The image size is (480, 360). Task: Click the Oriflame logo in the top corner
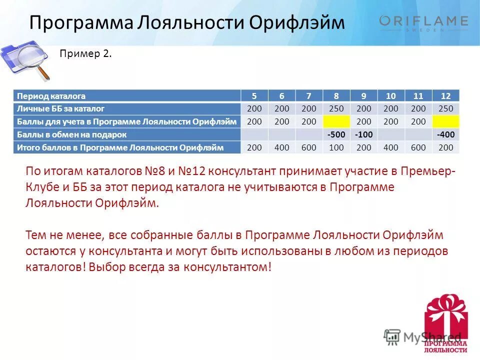pyautogui.click(x=423, y=22)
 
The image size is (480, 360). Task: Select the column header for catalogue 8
pyautogui.click(x=336, y=95)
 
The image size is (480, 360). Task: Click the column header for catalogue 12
pyautogui.click(x=445, y=95)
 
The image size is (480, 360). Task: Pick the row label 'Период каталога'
pyautogui.click(x=51, y=95)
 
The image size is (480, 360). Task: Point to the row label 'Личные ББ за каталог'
pyautogui.click(x=60, y=108)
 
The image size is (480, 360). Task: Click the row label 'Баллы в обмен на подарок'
pyautogui.click(x=72, y=134)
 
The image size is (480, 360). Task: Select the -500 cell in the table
pyautogui.click(x=336, y=134)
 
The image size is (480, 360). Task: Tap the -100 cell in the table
pyautogui.click(x=364, y=134)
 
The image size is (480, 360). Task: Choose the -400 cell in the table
pyautogui.click(x=445, y=134)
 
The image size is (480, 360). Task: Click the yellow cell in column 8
pyautogui.click(x=336, y=121)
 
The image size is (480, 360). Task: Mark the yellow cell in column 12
pyautogui.click(x=445, y=121)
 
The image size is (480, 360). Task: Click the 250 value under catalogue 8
pyautogui.click(x=336, y=108)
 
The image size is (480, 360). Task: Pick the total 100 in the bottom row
pyautogui.click(x=336, y=147)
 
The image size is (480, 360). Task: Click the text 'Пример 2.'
pyautogui.click(x=85, y=53)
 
